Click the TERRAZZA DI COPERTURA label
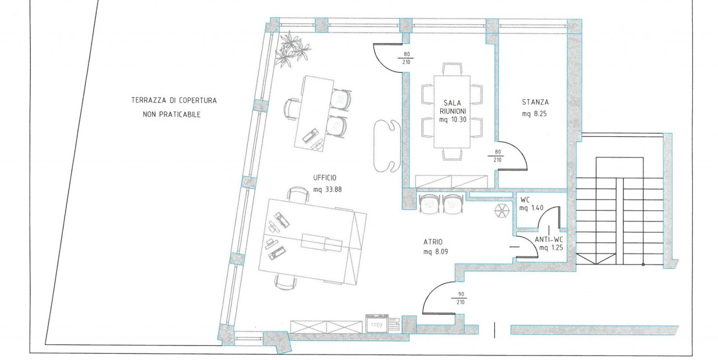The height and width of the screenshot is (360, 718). click(174, 100)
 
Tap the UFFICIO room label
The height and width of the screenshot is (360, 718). click(325, 178)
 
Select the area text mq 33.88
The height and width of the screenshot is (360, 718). click(328, 190)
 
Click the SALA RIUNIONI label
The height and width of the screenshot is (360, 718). click(452, 107)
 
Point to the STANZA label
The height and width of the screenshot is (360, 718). click(535, 102)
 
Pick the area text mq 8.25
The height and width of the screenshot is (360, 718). click(535, 114)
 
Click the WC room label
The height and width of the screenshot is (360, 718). click(525, 200)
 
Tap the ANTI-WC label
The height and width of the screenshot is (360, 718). click(549, 239)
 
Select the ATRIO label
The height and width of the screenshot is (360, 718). click(433, 242)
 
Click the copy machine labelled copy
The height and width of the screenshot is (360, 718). click(377, 324)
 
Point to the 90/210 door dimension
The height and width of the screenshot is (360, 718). click(461, 298)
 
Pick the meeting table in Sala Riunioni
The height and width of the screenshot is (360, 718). click(452, 112)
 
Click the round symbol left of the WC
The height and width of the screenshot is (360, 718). click(502, 211)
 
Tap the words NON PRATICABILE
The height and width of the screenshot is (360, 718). click(172, 114)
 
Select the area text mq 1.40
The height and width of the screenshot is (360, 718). click(531, 208)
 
